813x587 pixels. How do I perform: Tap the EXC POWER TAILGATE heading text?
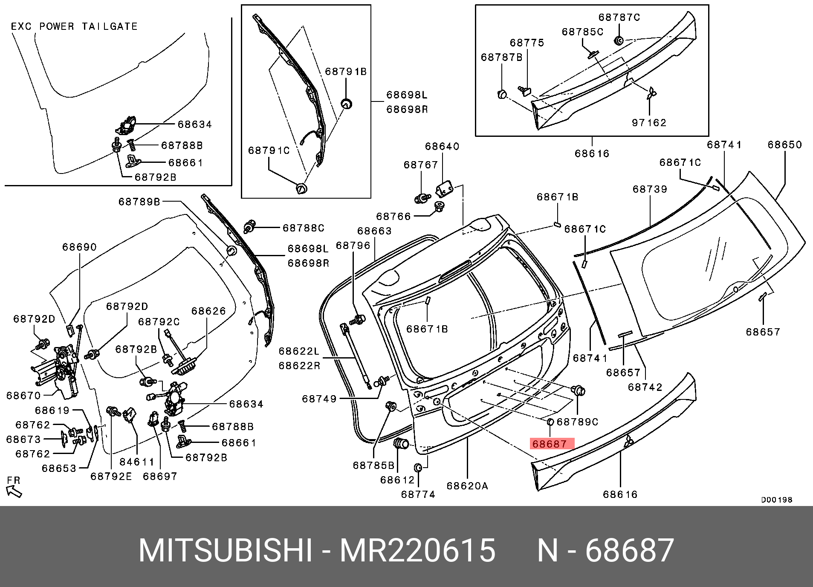click(74, 26)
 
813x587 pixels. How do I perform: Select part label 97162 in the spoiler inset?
click(649, 123)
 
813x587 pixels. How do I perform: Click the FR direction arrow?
click(14, 491)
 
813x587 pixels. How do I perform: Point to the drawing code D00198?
click(776, 500)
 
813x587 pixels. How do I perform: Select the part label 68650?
click(784, 145)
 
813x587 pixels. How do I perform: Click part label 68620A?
click(467, 486)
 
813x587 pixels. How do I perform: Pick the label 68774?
click(418, 494)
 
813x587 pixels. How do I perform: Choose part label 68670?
click(23, 396)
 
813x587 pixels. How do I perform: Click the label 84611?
click(136, 462)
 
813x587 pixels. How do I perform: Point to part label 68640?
click(442, 147)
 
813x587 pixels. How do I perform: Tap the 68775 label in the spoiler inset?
click(527, 43)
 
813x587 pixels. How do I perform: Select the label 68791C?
click(269, 150)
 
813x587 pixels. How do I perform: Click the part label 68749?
click(319, 399)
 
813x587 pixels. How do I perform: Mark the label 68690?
click(79, 247)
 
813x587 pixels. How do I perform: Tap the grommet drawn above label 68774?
click(418, 468)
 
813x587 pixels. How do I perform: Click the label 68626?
click(208, 311)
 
